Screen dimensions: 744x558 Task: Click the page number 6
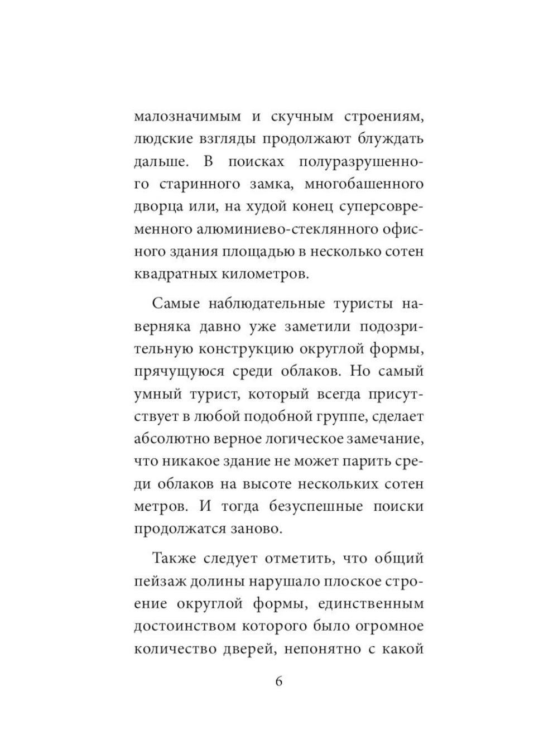(279, 681)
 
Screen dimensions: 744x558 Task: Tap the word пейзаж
(157, 581)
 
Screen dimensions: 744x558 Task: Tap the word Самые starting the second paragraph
(174, 304)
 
